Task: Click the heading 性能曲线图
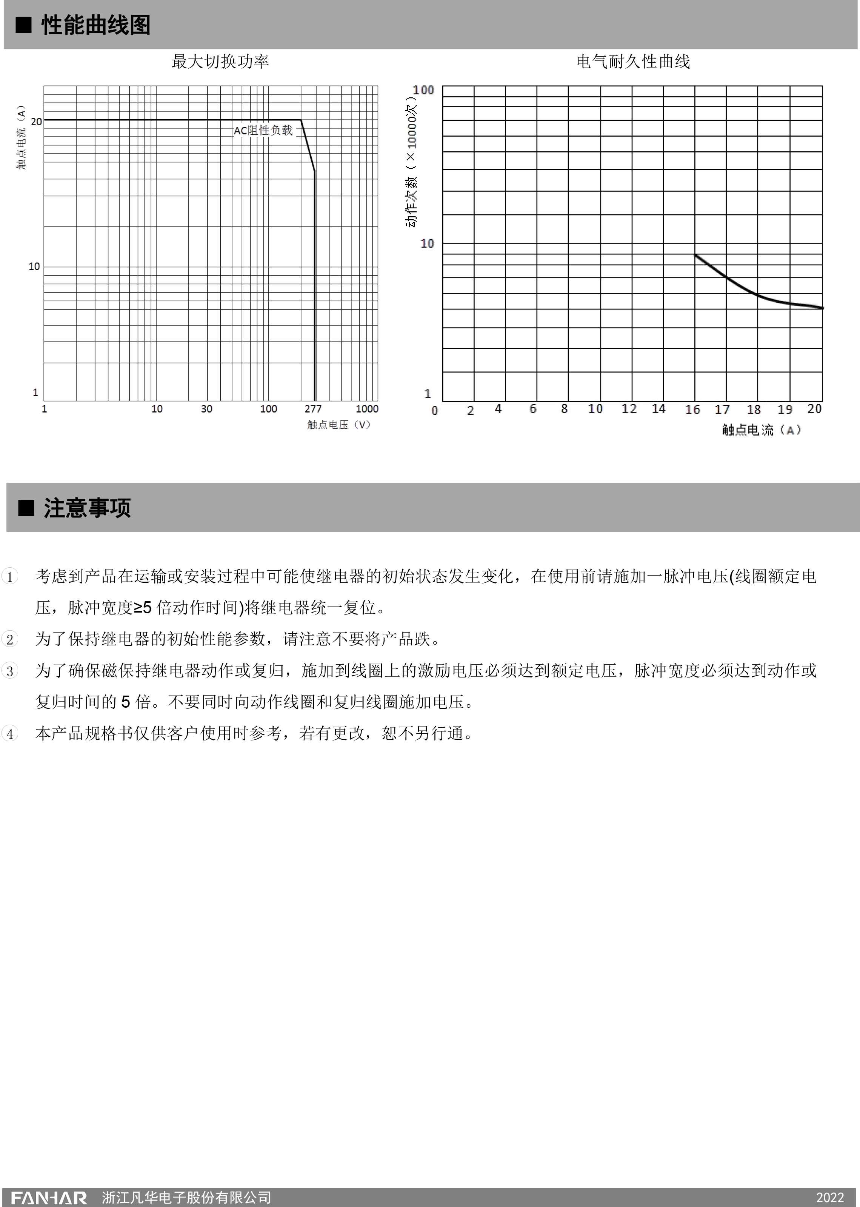coord(96,25)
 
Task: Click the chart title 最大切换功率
coord(220,62)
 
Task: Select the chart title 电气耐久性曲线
coord(633,62)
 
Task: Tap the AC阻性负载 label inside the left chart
coord(263,130)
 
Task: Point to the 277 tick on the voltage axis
coord(313,409)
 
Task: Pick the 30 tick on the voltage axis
coord(206,409)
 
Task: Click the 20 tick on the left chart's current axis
coord(36,121)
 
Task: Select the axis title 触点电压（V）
coord(339,425)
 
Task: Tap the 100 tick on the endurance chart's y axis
coord(423,90)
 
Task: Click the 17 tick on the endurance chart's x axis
coord(722,410)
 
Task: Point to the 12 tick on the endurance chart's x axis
coord(629,409)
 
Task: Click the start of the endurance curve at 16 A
coord(696,255)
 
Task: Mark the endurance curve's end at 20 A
coord(822,308)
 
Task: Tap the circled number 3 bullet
coord(10,671)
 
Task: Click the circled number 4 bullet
coord(10,734)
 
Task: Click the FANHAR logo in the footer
coord(49,1198)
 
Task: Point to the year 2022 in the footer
coord(830,1198)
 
